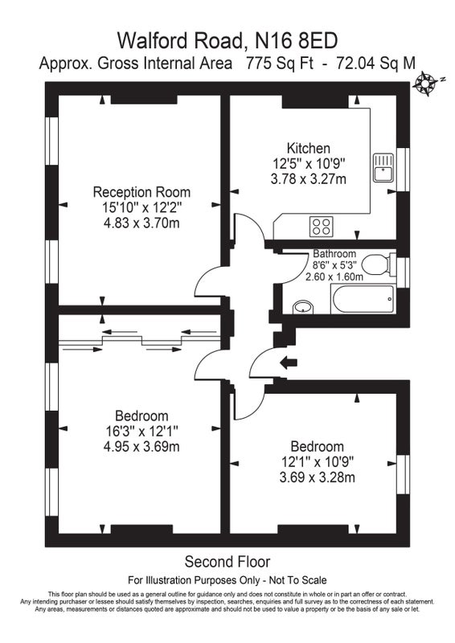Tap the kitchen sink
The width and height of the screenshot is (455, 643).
[x=383, y=167]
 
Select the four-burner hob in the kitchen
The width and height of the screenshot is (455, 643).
[x=322, y=226]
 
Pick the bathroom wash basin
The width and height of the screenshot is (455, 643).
[x=303, y=307]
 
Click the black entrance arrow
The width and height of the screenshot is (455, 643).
[x=289, y=362]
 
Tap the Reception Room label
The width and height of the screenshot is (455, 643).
[x=141, y=192]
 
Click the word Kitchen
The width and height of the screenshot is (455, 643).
[x=308, y=148]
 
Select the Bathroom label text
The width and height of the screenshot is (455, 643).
[x=334, y=253]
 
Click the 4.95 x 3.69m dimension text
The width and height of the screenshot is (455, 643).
[x=141, y=446]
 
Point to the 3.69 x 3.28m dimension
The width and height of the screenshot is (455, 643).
[x=318, y=477]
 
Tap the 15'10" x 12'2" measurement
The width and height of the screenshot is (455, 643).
[x=141, y=207]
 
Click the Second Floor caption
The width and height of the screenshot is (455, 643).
[x=227, y=561]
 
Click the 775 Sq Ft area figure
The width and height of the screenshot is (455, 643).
[x=280, y=63]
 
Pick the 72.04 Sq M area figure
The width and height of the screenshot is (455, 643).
[x=375, y=63]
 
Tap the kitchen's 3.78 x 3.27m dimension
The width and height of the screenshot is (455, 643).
[x=308, y=179]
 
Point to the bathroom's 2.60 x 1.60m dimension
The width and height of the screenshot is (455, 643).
[x=334, y=276]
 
